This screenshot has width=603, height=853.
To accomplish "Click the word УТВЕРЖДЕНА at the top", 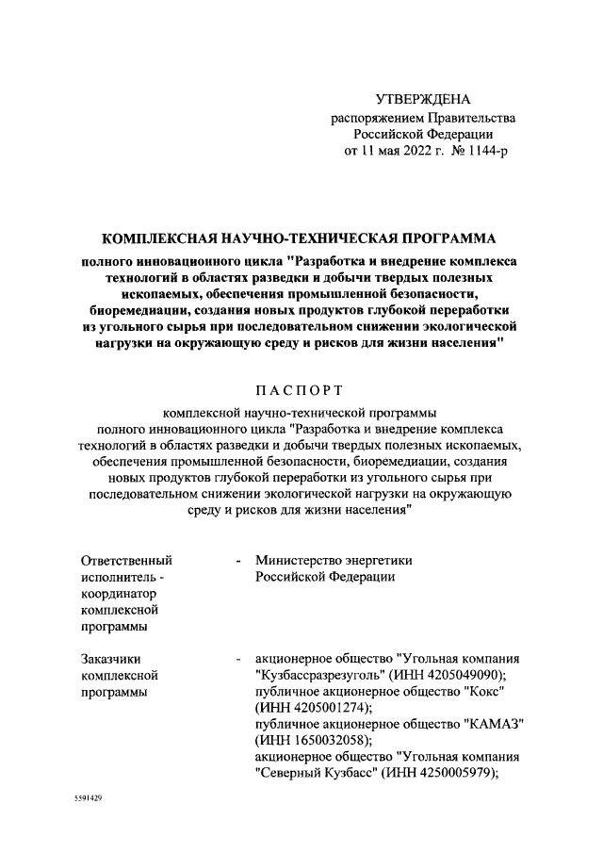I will (x=422, y=100).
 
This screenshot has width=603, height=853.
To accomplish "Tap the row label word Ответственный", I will (x=127, y=560).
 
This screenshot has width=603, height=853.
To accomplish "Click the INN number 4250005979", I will (x=451, y=773).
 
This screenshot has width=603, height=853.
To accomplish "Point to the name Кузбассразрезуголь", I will (x=318, y=675).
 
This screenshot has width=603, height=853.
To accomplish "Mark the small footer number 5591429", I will (x=88, y=797).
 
